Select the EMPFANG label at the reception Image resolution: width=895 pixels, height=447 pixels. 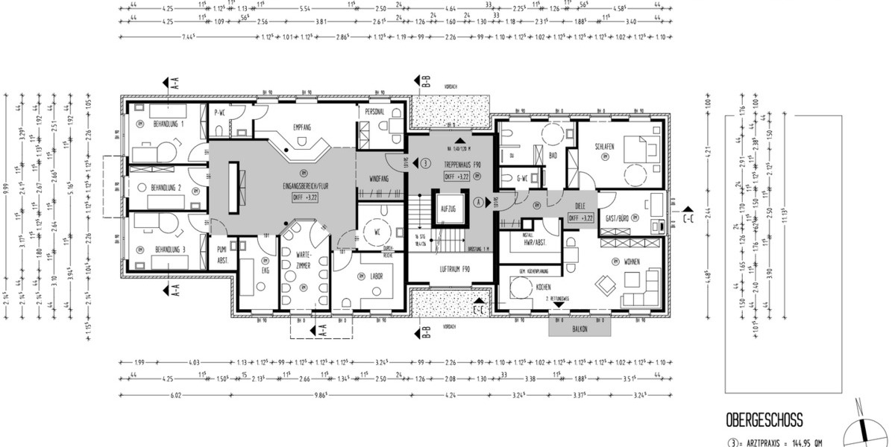point(302,127)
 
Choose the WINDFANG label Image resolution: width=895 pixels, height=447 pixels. point(380,179)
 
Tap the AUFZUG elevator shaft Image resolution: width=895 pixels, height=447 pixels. point(448,209)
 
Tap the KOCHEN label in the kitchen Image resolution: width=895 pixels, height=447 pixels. point(543,287)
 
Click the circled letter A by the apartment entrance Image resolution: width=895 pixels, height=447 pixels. point(477,201)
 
